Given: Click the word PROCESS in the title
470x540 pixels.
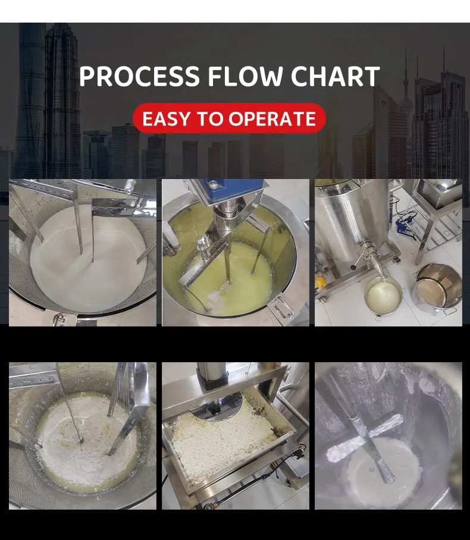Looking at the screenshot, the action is (140, 76).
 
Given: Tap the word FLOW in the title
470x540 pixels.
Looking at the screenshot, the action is (245, 76).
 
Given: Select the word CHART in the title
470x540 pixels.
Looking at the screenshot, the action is (336, 76).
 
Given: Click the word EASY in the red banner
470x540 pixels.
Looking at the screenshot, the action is (166, 119).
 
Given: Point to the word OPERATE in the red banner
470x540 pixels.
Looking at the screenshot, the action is (272, 119).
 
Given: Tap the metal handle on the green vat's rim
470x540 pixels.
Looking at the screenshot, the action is (281, 307).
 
